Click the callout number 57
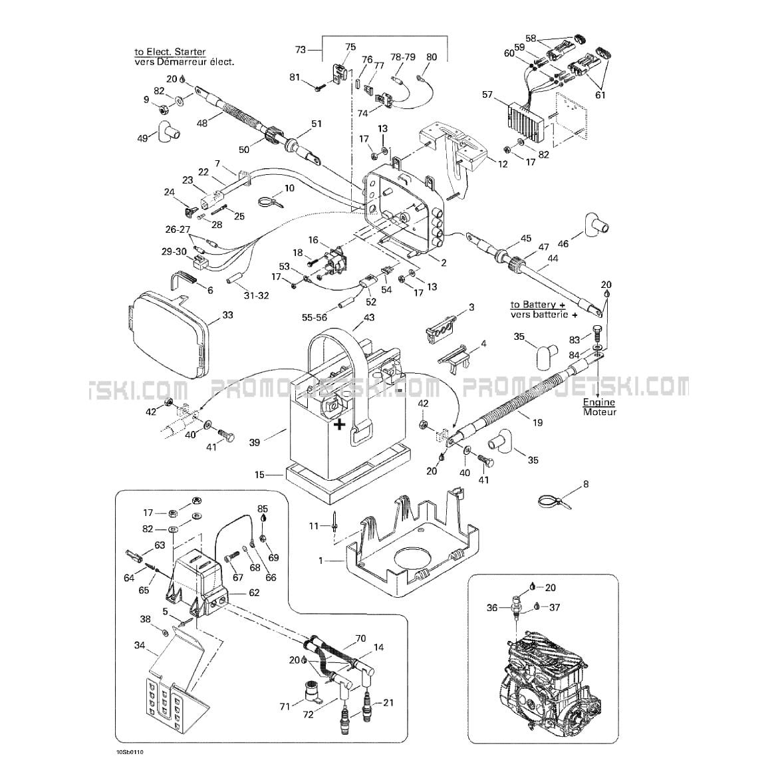tap(487, 95)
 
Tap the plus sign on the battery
tap(339, 424)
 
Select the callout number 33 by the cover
tap(228, 315)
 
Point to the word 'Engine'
tap(599, 402)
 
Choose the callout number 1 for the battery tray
tap(321, 561)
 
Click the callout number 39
tap(255, 442)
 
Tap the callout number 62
tap(254, 592)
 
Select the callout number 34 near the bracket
tap(139, 644)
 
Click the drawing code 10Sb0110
tap(129, 752)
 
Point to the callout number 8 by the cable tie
tap(585, 484)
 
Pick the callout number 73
tap(300, 50)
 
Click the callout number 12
tap(503, 164)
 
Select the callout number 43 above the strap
tap(369, 317)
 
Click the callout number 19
tap(537, 423)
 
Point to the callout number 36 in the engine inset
tap(491, 608)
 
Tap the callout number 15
tap(259, 475)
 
